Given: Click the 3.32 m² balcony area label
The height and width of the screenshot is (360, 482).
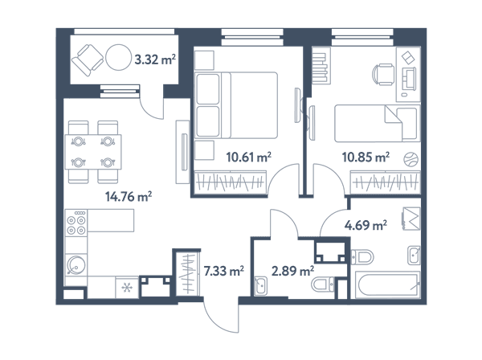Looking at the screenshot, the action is coord(155,59).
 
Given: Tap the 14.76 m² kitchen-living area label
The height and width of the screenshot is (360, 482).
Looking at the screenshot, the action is coord(129,196).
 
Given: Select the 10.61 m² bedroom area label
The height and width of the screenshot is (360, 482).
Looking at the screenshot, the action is coord(249,157).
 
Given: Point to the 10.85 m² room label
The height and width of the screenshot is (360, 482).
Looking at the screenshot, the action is coord(366,157).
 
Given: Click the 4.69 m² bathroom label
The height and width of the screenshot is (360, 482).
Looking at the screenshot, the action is coord(366,225).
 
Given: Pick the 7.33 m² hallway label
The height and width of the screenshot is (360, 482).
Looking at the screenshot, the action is coord(224,271).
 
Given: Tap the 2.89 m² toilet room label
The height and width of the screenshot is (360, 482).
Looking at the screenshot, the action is coord(292,271).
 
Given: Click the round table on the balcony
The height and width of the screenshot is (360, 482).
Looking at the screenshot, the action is coord(119,58).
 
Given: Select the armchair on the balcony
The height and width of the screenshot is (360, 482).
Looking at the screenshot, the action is coord(88,60).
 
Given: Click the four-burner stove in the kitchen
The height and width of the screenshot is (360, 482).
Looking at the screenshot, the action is coord(76,222).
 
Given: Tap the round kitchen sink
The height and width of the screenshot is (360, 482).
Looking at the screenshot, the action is coord(76,264).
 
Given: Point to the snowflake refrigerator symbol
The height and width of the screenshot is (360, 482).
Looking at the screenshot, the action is coord(127,288).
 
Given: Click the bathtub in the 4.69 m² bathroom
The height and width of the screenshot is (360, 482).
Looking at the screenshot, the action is coord(387,284).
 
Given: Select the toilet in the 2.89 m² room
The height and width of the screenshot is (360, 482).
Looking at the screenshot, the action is coord(323,284).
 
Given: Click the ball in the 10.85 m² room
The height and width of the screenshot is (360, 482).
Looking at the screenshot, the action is coord(411,160).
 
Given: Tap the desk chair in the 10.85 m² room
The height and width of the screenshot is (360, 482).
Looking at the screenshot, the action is coord(383,75).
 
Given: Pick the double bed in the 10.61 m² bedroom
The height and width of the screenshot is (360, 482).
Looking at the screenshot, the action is coord(236,105).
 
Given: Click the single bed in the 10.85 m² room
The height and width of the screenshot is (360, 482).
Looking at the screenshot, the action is coord(378,123).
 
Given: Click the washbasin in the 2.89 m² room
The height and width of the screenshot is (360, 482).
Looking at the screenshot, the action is coord(261,286).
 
